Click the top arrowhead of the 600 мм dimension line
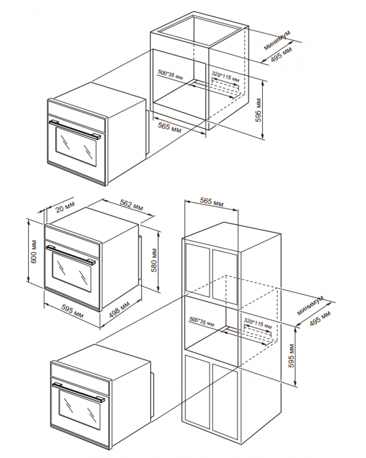(x=28, y=220)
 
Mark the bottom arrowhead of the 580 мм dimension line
(x=158, y=292)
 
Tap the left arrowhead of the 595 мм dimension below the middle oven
(x=45, y=304)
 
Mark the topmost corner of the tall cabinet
(x=224, y=222)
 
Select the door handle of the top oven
(x=75, y=130)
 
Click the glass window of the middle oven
(x=72, y=273)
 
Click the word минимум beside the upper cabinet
(x=277, y=40)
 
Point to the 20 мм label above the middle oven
(x=65, y=207)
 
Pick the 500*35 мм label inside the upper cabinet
(x=170, y=74)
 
